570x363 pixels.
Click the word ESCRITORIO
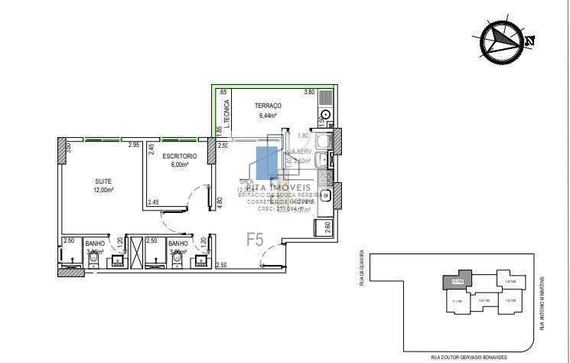click(x=179, y=155)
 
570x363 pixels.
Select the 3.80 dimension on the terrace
click(x=309, y=92)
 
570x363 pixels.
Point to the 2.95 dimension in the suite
click(x=133, y=145)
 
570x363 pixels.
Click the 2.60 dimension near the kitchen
click(x=327, y=227)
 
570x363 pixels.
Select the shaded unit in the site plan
click(x=458, y=280)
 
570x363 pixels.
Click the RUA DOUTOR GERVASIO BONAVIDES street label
click(x=468, y=358)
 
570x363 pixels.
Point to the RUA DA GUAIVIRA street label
click(x=360, y=272)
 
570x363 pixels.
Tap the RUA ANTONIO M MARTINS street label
click(x=541, y=303)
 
